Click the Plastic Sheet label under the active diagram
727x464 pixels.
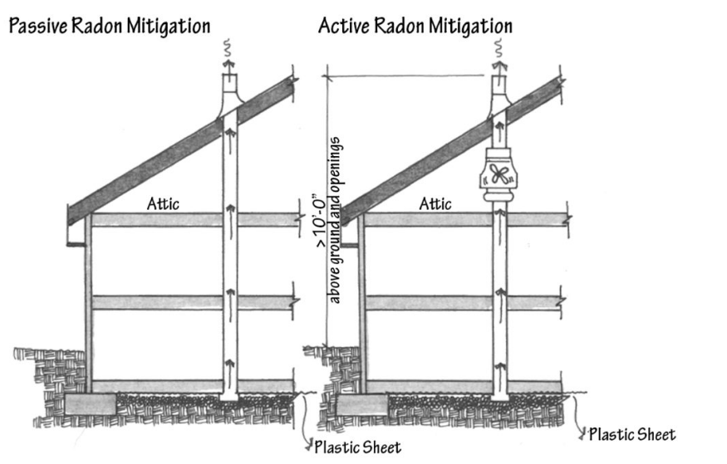coord(631,433)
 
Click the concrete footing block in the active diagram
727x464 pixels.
coord(361,404)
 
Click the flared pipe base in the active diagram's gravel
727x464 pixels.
coord(500,397)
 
